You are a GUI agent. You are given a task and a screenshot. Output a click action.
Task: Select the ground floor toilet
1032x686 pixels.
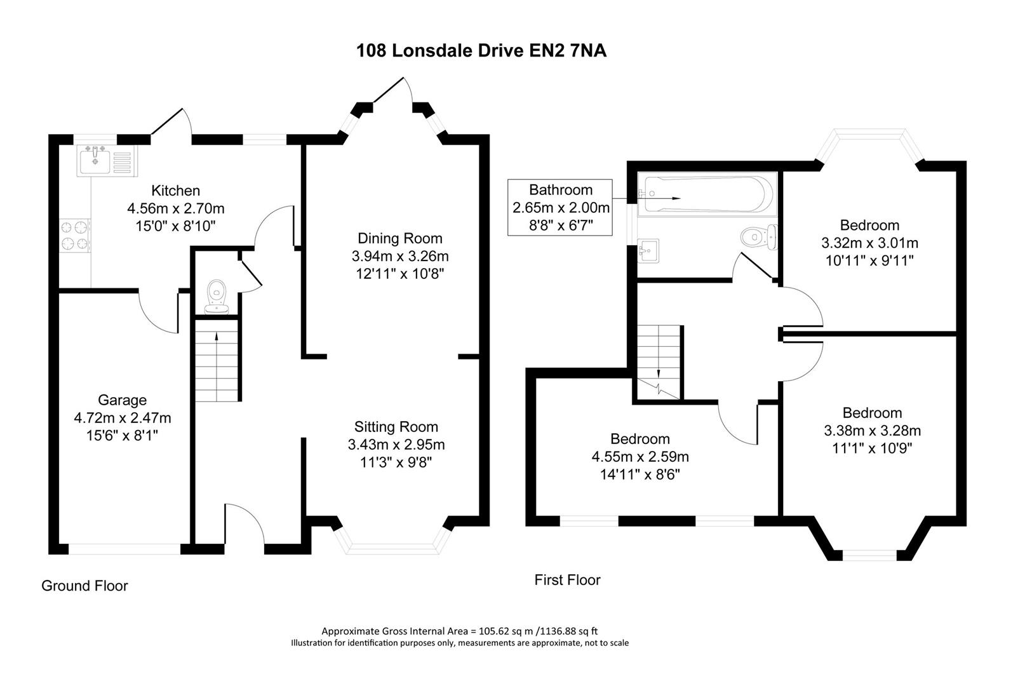pos(217,297)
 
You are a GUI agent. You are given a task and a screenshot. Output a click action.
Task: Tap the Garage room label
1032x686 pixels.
pos(122,400)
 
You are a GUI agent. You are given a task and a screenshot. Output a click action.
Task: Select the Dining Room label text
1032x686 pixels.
pos(400,238)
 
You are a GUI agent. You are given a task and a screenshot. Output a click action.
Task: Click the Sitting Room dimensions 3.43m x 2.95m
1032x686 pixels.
pos(396,445)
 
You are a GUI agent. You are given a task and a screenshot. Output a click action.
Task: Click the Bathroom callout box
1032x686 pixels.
pos(560,207)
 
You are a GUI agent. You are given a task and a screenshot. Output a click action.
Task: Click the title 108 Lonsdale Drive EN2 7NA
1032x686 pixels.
pos(481,51)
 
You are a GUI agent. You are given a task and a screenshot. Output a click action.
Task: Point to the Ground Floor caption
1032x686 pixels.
pos(84,586)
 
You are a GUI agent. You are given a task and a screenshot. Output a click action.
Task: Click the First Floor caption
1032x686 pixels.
pos(567,579)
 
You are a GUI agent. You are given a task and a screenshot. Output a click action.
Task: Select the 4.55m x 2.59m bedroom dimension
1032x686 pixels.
pos(640,457)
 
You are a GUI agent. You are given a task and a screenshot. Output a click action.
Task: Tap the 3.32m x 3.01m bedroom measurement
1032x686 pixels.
pos(869,243)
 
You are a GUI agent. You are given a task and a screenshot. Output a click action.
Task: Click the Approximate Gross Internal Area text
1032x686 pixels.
pos(459,631)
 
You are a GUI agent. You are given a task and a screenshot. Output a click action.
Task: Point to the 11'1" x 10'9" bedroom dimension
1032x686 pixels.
pos(872,448)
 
